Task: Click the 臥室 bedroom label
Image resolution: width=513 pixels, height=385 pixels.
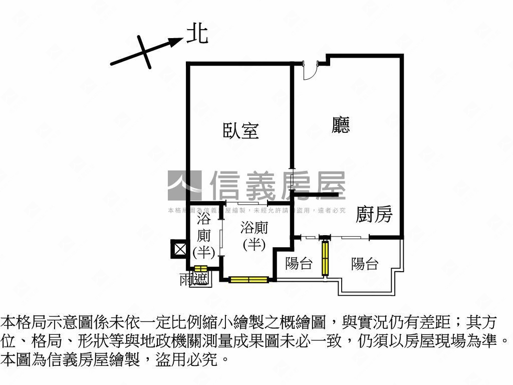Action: point(240,131)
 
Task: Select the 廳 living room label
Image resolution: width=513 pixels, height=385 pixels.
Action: point(341,125)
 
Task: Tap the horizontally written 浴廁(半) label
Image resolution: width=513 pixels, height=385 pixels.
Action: point(254,236)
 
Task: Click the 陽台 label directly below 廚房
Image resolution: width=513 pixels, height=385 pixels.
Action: point(364,263)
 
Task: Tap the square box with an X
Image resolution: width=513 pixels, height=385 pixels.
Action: point(179,249)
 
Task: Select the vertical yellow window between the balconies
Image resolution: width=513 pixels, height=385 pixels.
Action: point(325,258)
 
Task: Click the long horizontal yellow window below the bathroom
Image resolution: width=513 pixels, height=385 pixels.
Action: point(249,279)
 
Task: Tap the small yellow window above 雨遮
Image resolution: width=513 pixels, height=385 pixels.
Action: point(201,269)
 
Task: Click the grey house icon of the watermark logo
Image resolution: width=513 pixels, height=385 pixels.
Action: point(184,185)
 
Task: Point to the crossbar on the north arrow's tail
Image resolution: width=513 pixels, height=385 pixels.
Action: point(143,51)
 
